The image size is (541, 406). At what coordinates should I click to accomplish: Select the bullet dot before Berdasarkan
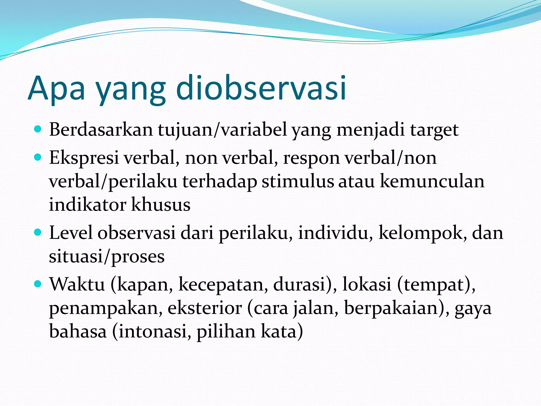38,129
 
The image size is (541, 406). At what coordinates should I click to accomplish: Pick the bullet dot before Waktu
38,284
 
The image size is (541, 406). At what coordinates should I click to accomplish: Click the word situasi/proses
107,256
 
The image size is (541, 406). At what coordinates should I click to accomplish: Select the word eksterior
205,308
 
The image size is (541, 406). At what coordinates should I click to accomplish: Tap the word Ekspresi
84,158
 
